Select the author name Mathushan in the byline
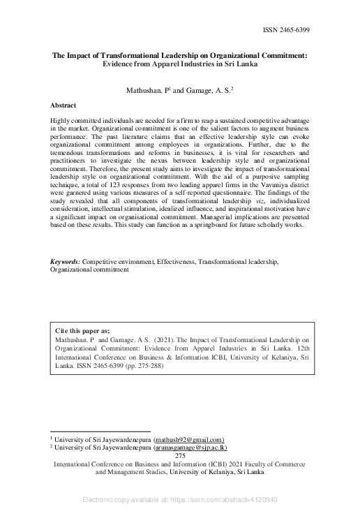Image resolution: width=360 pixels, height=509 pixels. [144, 91]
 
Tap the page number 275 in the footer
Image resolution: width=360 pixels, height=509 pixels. [180, 455]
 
